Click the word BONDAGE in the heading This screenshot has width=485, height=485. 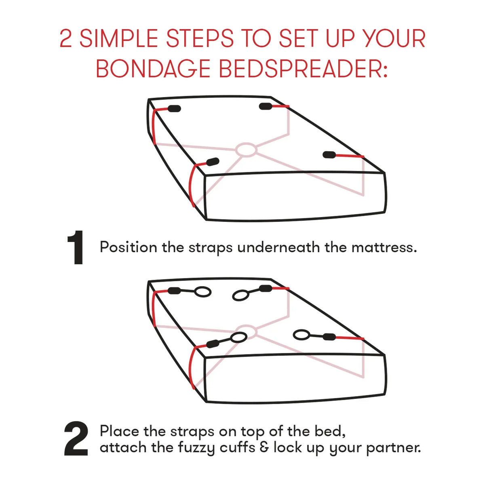153,68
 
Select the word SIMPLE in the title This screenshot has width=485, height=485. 119,38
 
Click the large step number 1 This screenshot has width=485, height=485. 76,247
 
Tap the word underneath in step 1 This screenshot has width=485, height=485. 278,247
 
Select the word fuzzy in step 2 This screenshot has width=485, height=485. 196,448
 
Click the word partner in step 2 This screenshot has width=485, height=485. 393,448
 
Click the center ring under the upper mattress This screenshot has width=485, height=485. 247,150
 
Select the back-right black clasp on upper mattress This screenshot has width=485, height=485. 266,106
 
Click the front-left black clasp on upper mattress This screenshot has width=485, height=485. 213,162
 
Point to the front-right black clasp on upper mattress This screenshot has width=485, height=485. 329,155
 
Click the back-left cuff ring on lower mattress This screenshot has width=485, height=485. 202,292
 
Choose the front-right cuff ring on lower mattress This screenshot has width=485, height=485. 301,335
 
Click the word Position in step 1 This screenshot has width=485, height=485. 129,247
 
